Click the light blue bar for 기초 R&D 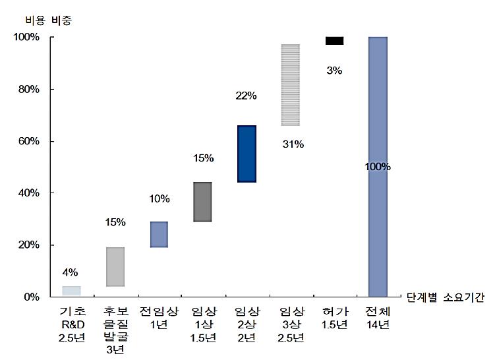71,291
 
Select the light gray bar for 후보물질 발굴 115,266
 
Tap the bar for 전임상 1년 159,234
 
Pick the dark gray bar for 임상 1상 202,202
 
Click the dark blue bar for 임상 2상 247,154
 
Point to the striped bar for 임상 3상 290,84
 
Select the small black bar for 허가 334,41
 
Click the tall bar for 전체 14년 378,166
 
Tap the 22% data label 246,96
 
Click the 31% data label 293,144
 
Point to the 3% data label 334,71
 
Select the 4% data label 71,272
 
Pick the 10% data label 159,198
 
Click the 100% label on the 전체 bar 378,166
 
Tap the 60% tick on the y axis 29,141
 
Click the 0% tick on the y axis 32,297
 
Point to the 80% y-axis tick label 29,89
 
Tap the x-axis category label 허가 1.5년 334,318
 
